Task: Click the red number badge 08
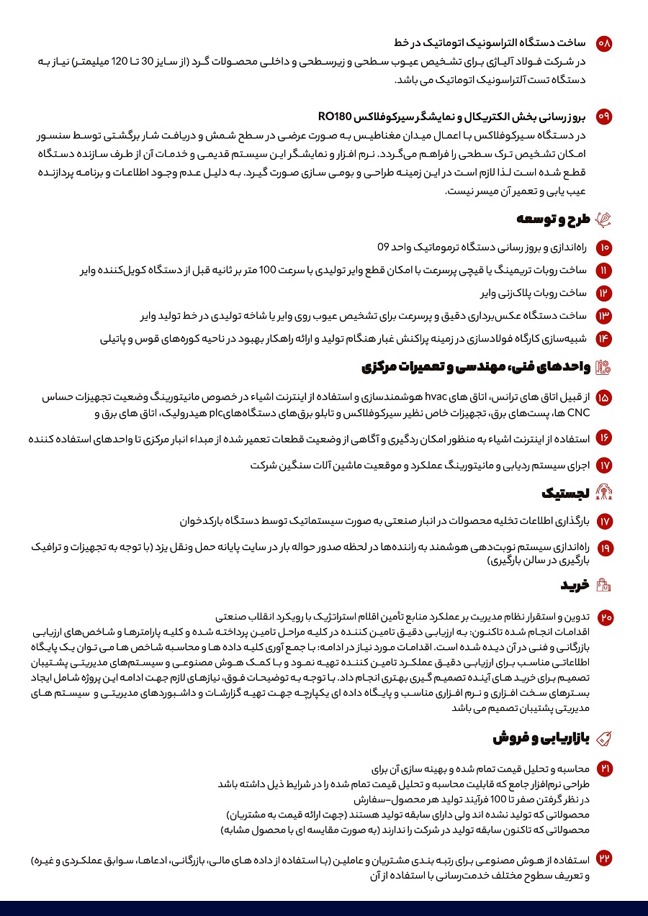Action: coord(604,43)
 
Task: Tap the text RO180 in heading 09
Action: coord(334,116)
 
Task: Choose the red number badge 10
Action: coord(604,248)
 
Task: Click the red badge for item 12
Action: coord(604,293)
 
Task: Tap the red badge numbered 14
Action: coord(604,338)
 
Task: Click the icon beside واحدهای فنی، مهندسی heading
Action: coord(604,367)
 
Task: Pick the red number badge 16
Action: coord(604,437)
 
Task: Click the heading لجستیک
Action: coord(566,493)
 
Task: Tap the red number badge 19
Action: coord(604,548)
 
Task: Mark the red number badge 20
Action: coord(604,617)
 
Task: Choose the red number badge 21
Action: coord(604,768)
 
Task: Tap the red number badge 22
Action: coord(604,859)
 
